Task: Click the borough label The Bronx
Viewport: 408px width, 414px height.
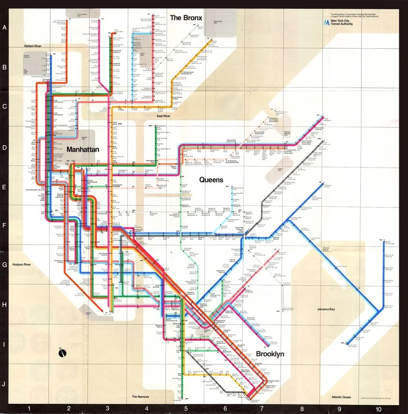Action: pos(186,18)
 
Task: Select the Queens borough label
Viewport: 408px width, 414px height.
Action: pos(211,180)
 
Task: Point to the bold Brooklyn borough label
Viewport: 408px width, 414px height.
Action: pos(270,354)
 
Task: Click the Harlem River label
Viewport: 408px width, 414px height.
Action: pos(33,46)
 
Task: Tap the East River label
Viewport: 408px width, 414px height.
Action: pos(163,116)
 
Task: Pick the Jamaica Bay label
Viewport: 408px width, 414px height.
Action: pos(328,309)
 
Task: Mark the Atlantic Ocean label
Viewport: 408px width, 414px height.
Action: pos(341,397)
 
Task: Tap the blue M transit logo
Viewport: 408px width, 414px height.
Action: pos(327,23)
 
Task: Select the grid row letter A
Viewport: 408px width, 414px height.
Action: pos(5,28)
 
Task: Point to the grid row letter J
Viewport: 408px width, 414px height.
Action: pos(5,385)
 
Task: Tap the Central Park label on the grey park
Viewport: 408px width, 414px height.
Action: pos(84,139)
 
